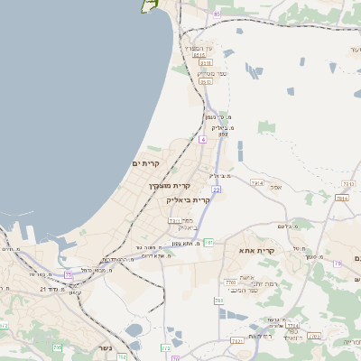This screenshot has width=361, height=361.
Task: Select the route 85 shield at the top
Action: [x=216, y=14]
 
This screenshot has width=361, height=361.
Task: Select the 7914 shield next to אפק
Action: [x=257, y=183]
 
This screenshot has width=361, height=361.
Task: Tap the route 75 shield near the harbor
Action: [x=68, y=274]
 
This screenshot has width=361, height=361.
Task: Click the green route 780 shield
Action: [x=219, y=301]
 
